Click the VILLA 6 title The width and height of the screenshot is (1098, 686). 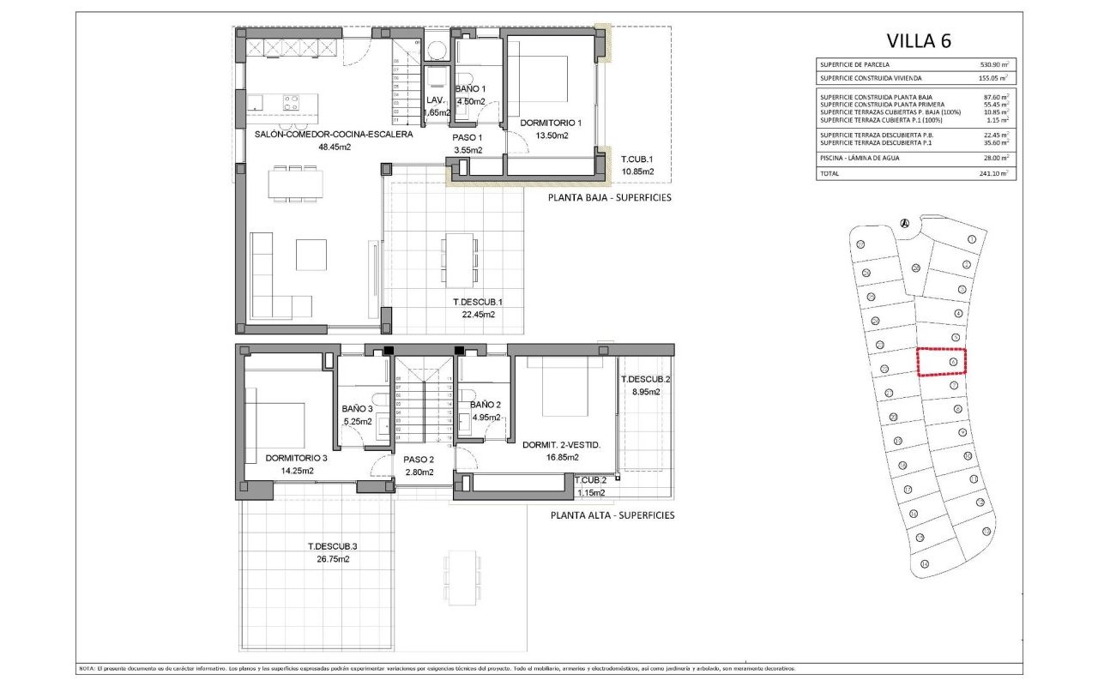(919, 40)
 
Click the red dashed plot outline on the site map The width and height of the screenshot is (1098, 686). (941, 362)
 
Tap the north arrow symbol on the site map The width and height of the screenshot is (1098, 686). (904, 224)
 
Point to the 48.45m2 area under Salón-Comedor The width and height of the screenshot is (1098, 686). (335, 147)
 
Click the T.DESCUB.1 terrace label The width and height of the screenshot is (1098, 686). (477, 302)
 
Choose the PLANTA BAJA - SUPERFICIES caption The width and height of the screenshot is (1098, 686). (609, 198)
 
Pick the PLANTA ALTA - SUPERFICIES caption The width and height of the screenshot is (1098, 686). (612, 515)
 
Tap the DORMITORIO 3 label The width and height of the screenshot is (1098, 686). (296, 458)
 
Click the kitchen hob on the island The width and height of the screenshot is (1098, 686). (292, 103)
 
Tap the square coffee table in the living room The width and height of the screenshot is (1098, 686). (311, 255)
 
